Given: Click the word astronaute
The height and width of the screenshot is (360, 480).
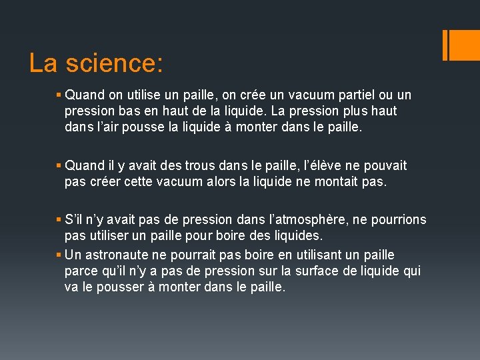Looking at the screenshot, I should (x=125, y=255).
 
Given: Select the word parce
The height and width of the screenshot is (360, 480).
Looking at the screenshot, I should (x=79, y=271).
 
